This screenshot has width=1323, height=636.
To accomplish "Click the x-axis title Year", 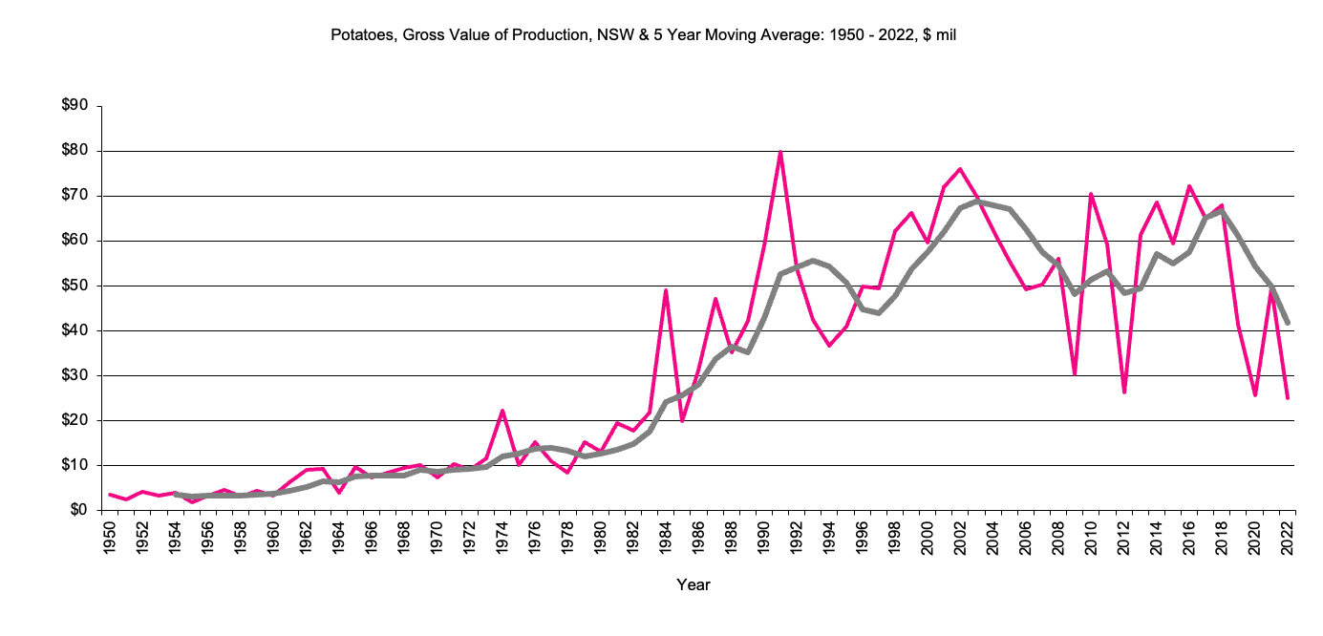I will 694,584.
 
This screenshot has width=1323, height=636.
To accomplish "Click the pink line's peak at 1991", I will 780,152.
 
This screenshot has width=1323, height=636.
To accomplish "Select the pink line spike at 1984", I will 666,290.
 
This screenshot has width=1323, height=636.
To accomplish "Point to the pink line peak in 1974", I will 502,411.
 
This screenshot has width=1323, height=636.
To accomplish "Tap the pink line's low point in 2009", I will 1076,373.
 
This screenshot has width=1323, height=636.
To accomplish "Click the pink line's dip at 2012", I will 1124,392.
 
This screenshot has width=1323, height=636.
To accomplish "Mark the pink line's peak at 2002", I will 960,169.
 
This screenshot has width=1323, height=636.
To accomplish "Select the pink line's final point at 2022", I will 1288,397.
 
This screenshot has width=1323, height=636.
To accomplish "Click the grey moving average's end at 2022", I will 1288,323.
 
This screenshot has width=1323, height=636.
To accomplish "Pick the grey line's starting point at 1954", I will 176,494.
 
